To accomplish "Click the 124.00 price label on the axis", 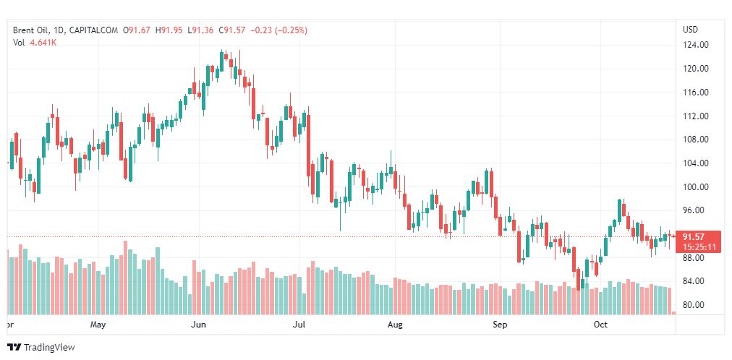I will pyautogui.click(x=695, y=45).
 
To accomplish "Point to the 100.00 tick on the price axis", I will pyautogui.click(x=695, y=187).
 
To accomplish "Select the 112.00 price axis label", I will pyautogui.click(x=695, y=116).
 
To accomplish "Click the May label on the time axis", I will pyautogui.click(x=99, y=325).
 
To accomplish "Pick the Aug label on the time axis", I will pyautogui.click(x=395, y=325).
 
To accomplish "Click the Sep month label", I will pyautogui.click(x=500, y=325).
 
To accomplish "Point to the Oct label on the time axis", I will pyautogui.click(x=600, y=325).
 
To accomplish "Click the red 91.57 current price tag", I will pyautogui.click(x=697, y=236).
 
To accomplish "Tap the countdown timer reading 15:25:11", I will pyautogui.click(x=697, y=247).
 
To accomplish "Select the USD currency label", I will pyautogui.click(x=690, y=30).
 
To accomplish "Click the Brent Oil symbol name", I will pyautogui.click(x=31, y=30).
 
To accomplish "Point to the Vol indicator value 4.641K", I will pyautogui.click(x=44, y=43).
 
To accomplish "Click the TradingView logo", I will pyautogui.click(x=41, y=347).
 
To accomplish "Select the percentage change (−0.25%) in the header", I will pyautogui.click(x=289, y=30).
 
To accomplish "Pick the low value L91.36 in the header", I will pyautogui.click(x=202, y=30).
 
